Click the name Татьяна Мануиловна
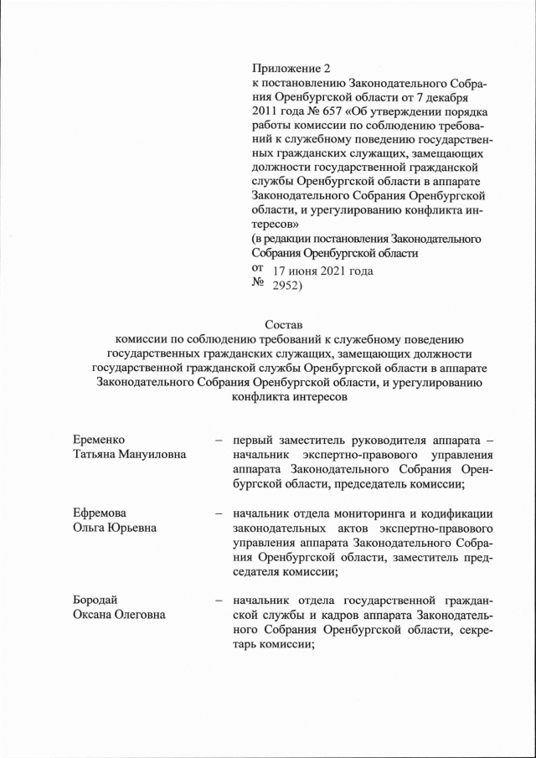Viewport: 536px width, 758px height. pyautogui.click(x=129, y=453)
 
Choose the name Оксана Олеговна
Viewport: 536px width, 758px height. pyautogui.click(x=118, y=615)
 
